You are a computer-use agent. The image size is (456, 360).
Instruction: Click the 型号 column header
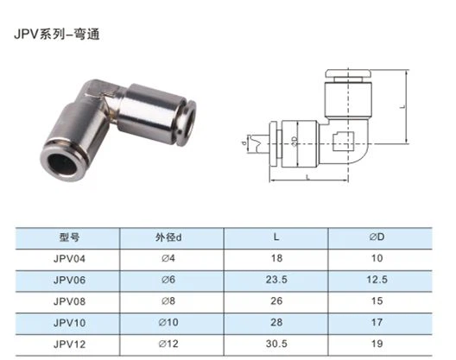point(68,237)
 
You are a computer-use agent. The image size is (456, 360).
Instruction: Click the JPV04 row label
point(68,258)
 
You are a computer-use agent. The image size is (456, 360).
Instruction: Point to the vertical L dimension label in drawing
point(402,107)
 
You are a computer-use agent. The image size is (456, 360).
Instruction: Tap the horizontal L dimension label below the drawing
point(309,175)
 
